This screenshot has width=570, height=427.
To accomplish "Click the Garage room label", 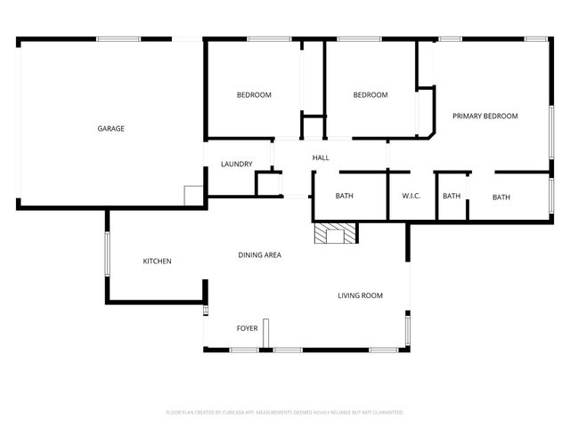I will point(110,129).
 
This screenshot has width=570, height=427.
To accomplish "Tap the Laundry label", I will point(237,165).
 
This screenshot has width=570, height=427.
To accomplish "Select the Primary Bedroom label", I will point(484,117).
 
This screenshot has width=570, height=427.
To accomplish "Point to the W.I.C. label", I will point(411,197).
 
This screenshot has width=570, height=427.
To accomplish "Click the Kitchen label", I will point(158,262).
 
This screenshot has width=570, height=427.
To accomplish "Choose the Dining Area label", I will point(259,255).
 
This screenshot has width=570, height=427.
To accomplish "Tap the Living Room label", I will point(360,295).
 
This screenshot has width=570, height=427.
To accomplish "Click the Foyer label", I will point(247,328).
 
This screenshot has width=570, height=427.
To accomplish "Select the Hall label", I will point(321,158).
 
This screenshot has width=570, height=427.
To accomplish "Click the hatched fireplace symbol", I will point(335,233).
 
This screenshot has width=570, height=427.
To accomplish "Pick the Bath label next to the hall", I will point(345,197).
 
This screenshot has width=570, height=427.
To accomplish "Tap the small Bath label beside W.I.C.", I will point(452,197).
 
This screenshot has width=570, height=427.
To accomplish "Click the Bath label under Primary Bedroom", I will point(501,197).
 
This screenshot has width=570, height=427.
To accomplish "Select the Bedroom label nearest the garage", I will point(254,95).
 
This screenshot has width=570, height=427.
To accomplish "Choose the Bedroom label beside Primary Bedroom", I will point(370,95).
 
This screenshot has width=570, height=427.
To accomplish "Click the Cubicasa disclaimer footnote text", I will point(285,413).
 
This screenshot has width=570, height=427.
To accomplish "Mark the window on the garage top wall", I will point(118,38).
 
